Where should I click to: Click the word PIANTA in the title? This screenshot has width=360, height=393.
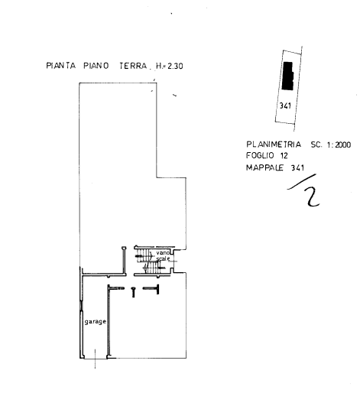click(61, 66)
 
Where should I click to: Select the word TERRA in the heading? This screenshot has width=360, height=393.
click(133, 66)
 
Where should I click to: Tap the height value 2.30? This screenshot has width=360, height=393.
click(175, 67)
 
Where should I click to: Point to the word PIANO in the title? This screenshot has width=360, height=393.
click(96, 66)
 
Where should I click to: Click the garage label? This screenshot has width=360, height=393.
click(96, 322)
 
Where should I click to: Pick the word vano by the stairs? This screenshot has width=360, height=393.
click(163, 253)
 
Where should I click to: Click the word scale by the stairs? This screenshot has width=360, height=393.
click(163, 258)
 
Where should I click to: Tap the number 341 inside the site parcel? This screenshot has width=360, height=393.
click(285, 106)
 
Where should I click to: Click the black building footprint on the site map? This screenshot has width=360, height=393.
click(288, 76)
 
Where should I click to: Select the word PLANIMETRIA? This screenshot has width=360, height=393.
click(274, 145)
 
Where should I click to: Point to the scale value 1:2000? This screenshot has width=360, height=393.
click(339, 145)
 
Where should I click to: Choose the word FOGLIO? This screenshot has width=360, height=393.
click(257, 155)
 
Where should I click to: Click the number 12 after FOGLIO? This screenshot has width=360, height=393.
click(284, 155)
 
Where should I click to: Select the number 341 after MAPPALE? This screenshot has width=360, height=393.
click(297, 167)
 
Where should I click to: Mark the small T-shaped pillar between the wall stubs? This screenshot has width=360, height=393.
click(133, 292)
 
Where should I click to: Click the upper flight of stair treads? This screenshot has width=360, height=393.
click(144, 255)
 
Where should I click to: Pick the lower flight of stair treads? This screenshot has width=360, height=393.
click(152, 268)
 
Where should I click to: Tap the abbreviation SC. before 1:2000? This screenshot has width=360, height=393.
click(316, 145)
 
